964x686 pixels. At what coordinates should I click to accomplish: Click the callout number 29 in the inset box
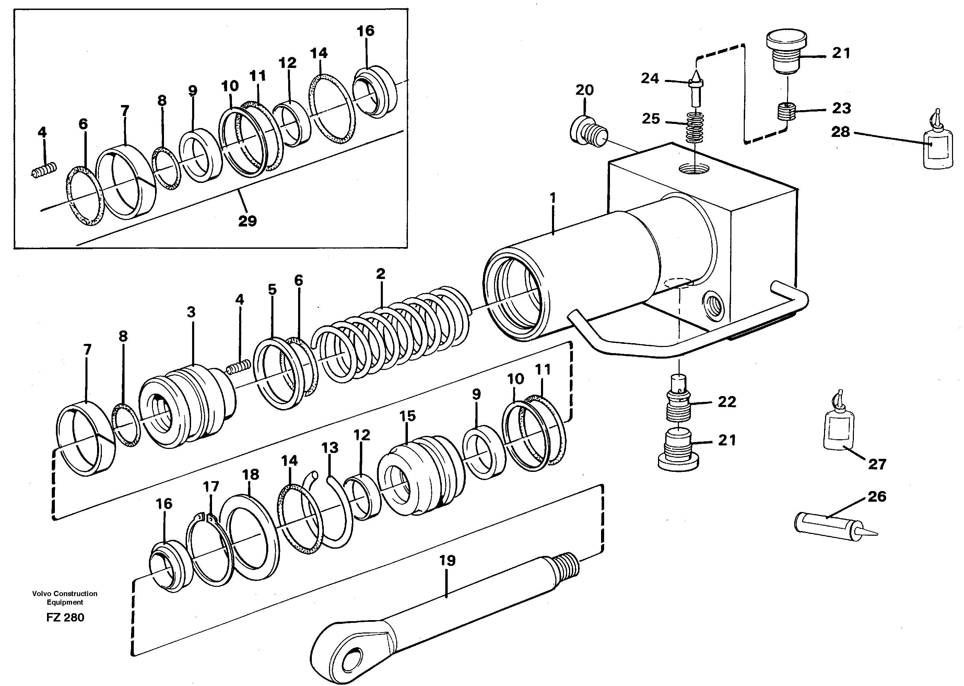coord(247,221)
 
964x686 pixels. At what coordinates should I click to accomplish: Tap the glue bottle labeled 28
coord(938,146)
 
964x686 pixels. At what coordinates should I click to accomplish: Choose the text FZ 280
coord(65,618)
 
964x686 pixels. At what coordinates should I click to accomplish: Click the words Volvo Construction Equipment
coord(64,598)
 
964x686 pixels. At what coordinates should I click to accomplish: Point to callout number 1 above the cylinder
coord(553,198)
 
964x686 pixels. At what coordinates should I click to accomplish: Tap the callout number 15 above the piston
coord(408,416)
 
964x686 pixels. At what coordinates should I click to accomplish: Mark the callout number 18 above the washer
coord(250,474)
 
